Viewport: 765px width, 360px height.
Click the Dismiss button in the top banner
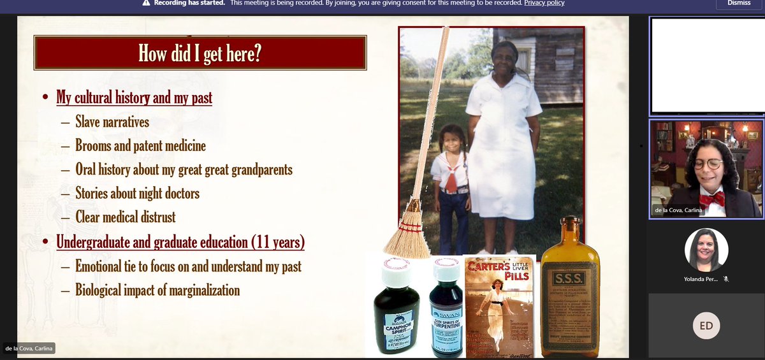738,3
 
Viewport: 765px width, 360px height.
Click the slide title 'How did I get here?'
200,53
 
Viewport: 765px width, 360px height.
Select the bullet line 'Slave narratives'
112,122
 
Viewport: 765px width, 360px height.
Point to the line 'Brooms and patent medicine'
140,146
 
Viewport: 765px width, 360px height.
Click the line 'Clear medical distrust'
126,217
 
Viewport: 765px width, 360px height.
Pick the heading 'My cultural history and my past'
135,97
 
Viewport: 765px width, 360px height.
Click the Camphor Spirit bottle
396,313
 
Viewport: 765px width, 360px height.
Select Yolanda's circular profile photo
706,250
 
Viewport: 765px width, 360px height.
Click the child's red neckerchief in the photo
450,181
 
